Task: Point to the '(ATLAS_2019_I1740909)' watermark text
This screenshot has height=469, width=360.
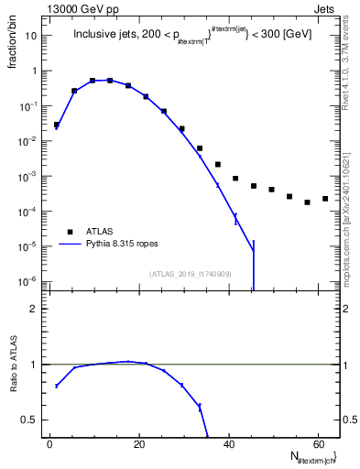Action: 191,273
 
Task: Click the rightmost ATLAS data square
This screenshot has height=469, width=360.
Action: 325,199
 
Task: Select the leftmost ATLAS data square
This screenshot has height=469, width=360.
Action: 57,125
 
